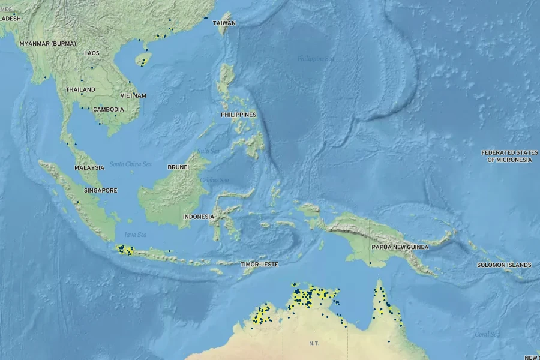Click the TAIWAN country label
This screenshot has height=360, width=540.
pyautogui.click(x=225, y=23)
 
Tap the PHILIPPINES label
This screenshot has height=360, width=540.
pyautogui.click(x=238, y=115)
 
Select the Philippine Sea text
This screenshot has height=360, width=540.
pyautogui.click(x=316, y=58)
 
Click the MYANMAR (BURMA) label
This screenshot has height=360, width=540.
pyautogui.click(x=48, y=44)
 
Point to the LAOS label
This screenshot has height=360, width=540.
pyautogui.click(x=92, y=53)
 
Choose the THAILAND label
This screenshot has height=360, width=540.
pyautogui.click(x=80, y=89)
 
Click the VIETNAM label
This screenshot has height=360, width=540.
pyautogui.click(x=133, y=95)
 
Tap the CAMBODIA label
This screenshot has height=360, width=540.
pyautogui.click(x=109, y=109)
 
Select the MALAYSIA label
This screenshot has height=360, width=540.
pyautogui.click(x=89, y=168)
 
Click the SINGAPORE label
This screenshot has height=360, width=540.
pyautogui.click(x=101, y=190)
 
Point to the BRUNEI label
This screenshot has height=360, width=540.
pyautogui.click(x=179, y=167)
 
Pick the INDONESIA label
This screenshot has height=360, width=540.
pyautogui.click(x=199, y=217)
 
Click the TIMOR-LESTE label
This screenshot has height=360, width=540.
pyautogui.click(x=259, y=264)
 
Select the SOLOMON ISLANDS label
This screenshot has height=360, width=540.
pyautogui.click(x=504, y=265)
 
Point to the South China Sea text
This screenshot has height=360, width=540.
pyautogui.click(x=130, y=164)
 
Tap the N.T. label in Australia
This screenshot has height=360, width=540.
pyautogui.click(x=314, y=344)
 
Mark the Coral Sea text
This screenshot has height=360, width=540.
pyautogui.click(x=486, y=334)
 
